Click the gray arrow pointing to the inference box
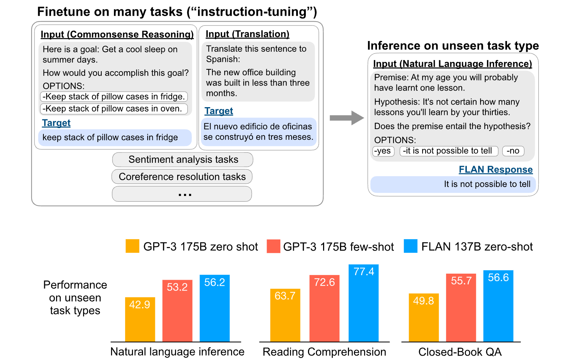[x=347, y=118]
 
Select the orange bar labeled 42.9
[x=140, y=319]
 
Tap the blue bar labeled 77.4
[x=363, y=303]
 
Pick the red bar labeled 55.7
[x=461, y=307]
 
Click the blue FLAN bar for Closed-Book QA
[x=498, y=306]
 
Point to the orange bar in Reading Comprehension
[x=285, y=315]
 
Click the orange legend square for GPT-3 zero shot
[x=133, y=246]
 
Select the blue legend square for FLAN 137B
[x=410, y=246]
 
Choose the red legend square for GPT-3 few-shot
[x=273, y=246]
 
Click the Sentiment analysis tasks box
[x=183, y=159]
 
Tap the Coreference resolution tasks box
[x=182, y=177]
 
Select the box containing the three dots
[x=182, y=194]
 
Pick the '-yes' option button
[x=383, y=151]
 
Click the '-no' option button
[x=513, y=151]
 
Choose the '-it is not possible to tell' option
[x=449, y=151]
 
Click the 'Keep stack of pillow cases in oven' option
[x=114, y=109]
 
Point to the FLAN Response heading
[x=496, y=169]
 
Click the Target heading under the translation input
[x=219, y=111]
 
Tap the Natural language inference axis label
[x=178, y=352]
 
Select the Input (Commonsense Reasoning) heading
[x=117, y=35]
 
